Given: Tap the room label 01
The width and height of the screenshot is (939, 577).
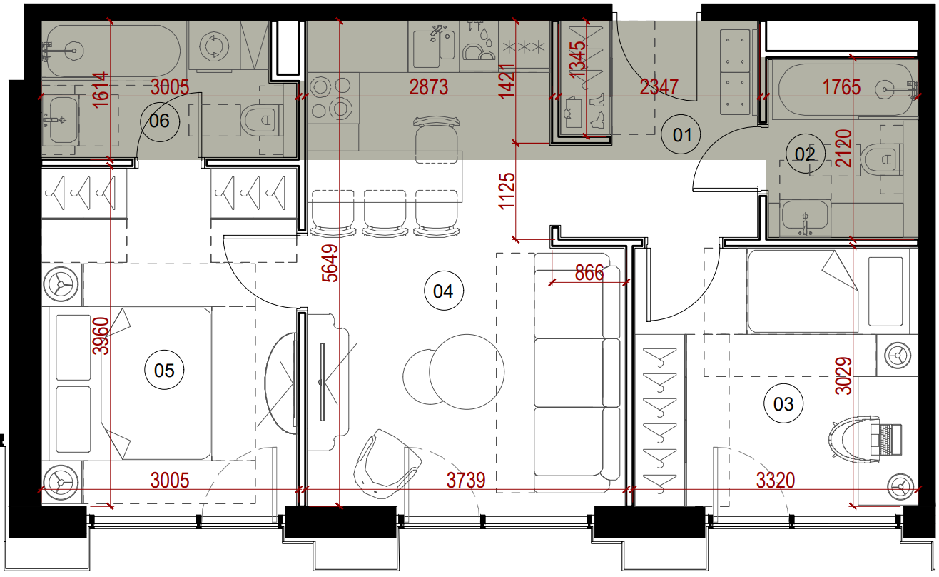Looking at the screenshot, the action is [681, 135].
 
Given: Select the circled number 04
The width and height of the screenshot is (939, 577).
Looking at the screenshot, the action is [444, 291].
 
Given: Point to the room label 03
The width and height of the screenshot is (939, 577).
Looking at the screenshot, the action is [783, 403].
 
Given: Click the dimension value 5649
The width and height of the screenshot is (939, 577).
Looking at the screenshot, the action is [330, 263].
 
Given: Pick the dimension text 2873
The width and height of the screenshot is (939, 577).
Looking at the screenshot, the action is [428, 87].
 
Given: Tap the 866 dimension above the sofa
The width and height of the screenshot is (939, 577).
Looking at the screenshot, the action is [589, 274].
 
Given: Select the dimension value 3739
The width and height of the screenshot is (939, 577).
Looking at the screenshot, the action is [466, 481].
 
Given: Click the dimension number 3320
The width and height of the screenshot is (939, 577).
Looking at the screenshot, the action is [776, 481].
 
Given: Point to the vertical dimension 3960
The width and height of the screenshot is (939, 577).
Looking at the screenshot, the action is [101, 336].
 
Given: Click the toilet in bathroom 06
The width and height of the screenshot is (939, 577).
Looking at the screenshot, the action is [260, 120].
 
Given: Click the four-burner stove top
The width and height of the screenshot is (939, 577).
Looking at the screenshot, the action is [333, 98].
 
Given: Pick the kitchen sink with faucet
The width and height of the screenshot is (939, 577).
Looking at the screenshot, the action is [433, 46].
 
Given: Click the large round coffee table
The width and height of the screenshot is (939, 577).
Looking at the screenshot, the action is [467, 372].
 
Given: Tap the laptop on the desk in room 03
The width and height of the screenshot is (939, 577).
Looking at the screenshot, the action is [885, 440].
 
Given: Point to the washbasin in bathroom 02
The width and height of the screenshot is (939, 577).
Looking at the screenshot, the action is [805, 219].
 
